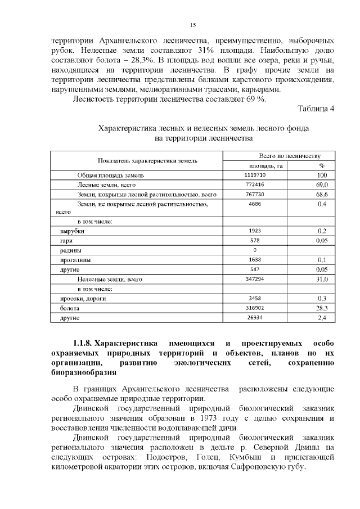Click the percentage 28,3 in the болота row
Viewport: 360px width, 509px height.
(x=322, y=308)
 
